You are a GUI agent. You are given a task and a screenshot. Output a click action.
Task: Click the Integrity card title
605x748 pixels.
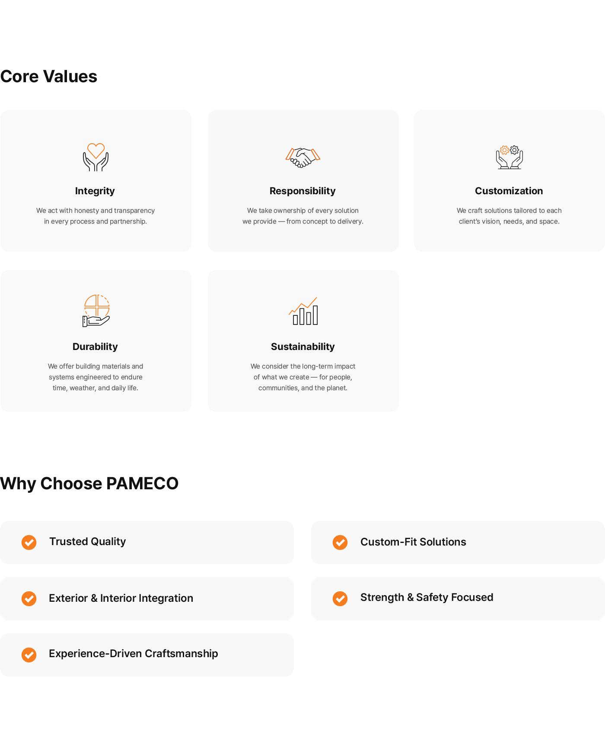tap(95, 191)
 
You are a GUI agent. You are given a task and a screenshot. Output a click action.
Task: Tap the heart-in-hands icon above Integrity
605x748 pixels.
tap(96, 157)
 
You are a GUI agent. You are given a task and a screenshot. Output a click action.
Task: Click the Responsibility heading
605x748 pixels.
tap(302, 191)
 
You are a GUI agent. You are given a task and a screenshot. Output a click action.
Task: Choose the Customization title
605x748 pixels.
tap(509, 191)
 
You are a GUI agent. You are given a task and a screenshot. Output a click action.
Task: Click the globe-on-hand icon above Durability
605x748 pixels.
tap(96, 311)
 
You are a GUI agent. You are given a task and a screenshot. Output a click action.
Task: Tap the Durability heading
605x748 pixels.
tap(95, 347)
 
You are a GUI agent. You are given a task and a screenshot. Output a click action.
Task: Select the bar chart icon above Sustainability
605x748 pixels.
tap(303, 311)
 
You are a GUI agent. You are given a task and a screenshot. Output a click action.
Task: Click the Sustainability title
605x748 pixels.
tap(302, 347)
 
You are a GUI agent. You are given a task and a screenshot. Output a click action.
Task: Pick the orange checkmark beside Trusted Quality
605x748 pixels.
tap(29, 542)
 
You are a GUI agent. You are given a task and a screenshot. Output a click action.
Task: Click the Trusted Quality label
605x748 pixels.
tap(87, 542)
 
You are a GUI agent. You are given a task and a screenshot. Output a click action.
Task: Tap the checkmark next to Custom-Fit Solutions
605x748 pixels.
tap(340, 542)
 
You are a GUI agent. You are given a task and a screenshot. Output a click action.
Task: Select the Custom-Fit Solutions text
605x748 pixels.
tap(413, 542)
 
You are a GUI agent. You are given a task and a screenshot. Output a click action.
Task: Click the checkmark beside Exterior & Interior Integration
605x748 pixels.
tap(29, 598)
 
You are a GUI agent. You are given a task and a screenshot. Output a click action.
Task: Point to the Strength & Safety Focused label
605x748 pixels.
tap(427, 597)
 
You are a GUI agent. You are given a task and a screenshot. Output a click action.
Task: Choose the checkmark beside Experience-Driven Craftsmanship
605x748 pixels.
tap(29, 655)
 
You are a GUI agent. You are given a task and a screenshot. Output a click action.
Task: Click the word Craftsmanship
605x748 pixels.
tap(181, 654)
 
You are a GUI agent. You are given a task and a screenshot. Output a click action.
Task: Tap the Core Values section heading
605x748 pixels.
tap(49, 76)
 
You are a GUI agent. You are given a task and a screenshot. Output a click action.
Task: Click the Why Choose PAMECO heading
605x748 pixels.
tap(89, 484)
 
